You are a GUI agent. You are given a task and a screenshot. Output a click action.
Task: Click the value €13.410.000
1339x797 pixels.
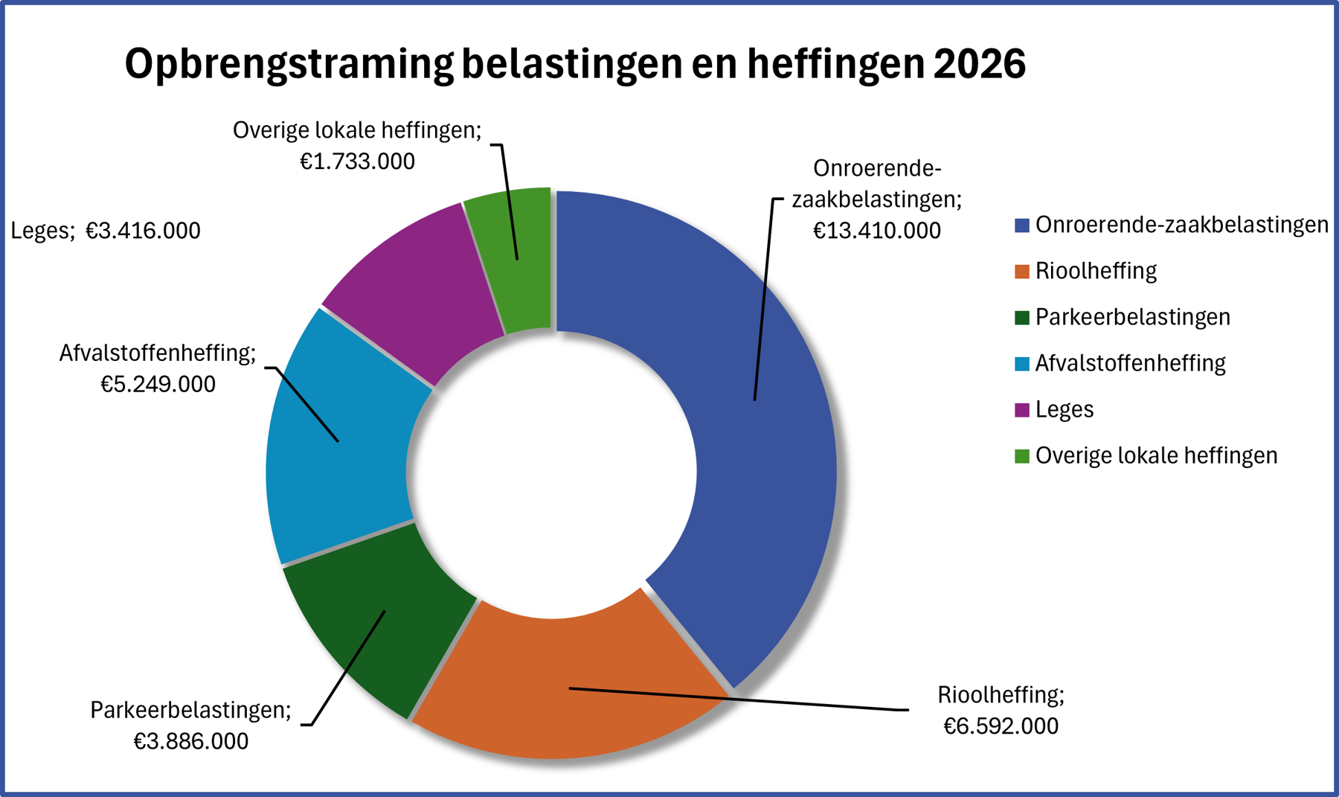tap(876, 231)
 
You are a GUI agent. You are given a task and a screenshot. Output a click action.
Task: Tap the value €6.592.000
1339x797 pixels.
tap(1001, 726)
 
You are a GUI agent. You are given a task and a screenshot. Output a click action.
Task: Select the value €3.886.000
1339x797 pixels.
tap(191, 741)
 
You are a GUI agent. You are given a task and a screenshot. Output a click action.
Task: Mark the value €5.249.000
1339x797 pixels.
tap(158, 384)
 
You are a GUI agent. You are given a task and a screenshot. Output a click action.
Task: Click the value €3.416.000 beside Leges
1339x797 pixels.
tap(143, 231)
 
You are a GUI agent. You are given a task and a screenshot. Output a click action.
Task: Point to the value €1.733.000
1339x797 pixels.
tap(357, 161)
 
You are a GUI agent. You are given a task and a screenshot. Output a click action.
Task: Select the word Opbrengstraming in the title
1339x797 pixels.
tap(289, 65)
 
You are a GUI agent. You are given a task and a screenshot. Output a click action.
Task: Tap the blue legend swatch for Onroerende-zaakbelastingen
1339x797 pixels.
tap(1022, 225)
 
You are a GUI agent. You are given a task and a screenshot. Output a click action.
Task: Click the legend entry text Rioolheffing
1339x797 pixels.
tap(1096, 271)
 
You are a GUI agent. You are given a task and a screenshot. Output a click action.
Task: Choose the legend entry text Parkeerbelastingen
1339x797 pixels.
tap(1132, 317)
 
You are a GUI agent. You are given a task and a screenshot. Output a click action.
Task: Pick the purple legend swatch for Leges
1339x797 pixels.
tap(1022, 409)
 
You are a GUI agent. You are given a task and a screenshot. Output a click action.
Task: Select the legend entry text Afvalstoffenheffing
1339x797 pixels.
tap(1130, 363)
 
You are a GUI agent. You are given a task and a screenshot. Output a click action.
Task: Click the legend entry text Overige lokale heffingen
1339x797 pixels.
tap(1156, 455)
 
